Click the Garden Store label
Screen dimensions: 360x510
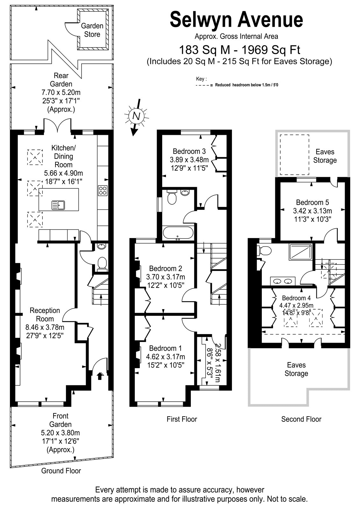coord(92,30)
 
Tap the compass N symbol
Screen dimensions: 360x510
coord(136,116)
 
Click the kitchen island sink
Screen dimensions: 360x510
coord(58,205)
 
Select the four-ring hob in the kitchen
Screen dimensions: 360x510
coord(103,191)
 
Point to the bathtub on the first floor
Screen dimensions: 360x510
coord(178,233)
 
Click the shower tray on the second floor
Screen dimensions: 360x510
coord(301,252)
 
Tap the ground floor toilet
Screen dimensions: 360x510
coord(102,264)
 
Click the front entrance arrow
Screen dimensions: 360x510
coord(100,376)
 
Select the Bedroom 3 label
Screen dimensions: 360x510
coord(189,151)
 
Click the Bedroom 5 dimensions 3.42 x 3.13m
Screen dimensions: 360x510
coord(313,211)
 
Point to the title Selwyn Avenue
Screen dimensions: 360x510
coord(236,20)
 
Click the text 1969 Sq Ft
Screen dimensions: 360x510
coord(270,50)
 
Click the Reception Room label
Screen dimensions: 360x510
coord(45,314)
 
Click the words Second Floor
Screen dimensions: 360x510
coord(301,419)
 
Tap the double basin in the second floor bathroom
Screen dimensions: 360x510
coord(283,281)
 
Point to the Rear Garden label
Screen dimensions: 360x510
coord(61,80)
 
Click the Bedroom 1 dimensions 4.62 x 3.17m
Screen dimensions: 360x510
coord(166,357)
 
